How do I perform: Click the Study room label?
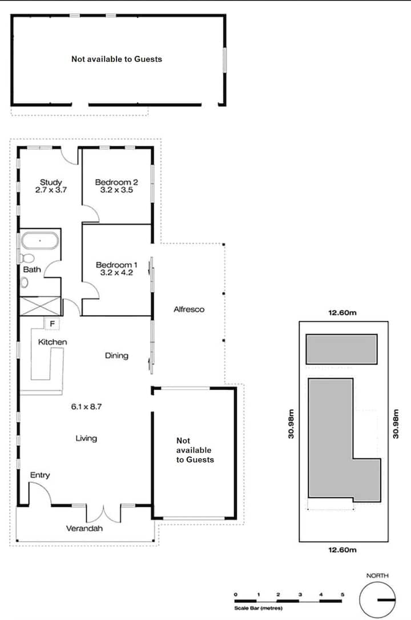click(51, 182)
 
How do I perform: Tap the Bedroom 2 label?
click(116, 182)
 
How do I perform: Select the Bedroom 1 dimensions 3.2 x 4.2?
click(116, 273)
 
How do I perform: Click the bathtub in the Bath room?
click(39, 241)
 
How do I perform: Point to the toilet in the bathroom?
click(27, 259)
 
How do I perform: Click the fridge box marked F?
click(52, 324)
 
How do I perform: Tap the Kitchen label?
click(53, 342)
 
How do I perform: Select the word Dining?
click(116, 355)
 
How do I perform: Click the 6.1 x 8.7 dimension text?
click(86, 406)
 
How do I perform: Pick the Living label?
click(86, 438)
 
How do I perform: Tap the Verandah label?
click(84, 528)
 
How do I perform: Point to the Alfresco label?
click(189, 309)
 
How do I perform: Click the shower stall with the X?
click(41, 306)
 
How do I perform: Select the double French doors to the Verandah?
click(103, 514)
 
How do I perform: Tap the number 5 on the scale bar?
click(342, 594)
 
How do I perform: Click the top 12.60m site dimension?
click(342, 313)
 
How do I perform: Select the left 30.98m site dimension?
click(291, 424)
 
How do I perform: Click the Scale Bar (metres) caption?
click(258, 608)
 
